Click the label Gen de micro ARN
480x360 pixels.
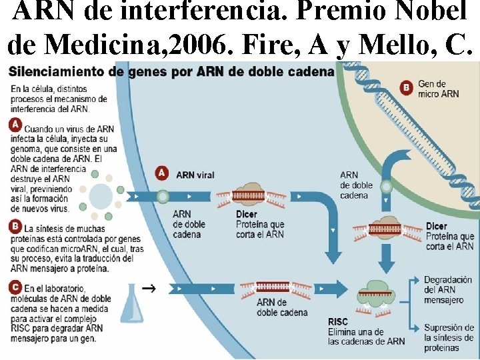tap(438, 89)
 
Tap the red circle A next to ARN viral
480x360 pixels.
tap(161, 173)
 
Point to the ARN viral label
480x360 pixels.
tap(195, 175)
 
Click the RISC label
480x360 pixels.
tap(338, 322)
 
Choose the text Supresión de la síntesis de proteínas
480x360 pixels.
tap(448, 337)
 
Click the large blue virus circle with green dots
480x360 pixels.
tap(101, 196)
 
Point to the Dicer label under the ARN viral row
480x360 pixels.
tap(246, 214)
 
